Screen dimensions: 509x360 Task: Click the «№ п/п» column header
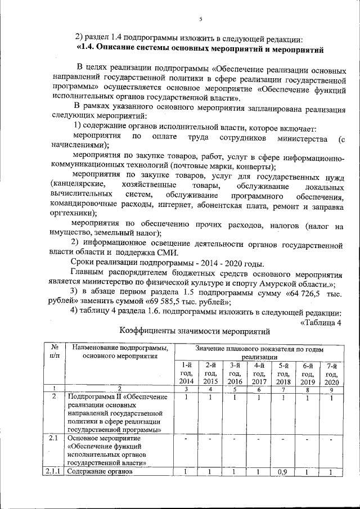point(55,352)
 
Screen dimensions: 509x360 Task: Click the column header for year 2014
point(186,373)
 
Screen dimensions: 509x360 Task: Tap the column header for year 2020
point(331,373)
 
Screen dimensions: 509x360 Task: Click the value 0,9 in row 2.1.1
point(283,472)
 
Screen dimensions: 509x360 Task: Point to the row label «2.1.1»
point(55,472)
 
